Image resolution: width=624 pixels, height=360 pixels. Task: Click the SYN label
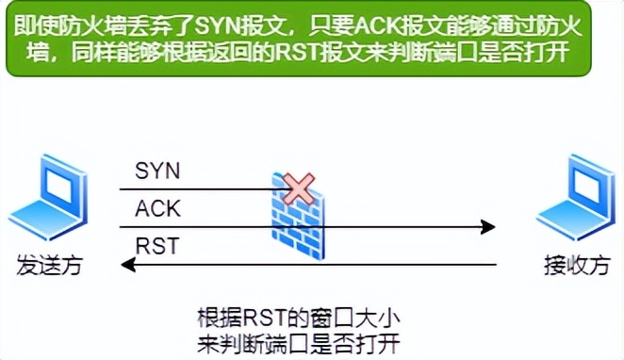point(157,172)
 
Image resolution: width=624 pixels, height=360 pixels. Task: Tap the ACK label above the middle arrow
point(157,208)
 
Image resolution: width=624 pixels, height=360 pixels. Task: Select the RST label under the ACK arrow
point(156,247)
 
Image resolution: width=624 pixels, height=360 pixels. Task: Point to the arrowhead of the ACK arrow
point(488,226)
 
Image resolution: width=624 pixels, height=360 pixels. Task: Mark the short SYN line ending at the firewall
point(207,189)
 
